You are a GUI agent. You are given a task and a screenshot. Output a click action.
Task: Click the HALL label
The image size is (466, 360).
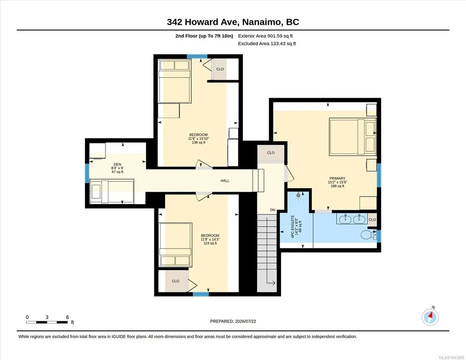[x=225, y=180]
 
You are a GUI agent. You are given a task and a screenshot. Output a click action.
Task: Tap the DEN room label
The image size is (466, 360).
[x=117, y=165]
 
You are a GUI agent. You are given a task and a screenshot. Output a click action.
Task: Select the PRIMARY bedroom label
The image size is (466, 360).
[x=337, y=179]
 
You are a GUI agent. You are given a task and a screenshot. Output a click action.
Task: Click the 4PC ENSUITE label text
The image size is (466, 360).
[x=292, y=226]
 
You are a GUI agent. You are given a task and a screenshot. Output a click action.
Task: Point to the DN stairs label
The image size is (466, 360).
[x=272, y=210]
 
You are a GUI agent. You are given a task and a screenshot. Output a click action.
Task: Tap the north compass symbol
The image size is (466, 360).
[x=430, y=317]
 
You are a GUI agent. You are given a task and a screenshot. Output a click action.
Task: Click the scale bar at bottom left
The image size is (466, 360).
[x=47, y=322]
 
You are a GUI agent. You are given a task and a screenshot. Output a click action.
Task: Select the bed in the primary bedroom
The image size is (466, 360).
[x=353, y=137]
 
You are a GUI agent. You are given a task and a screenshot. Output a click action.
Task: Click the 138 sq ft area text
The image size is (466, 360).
[x=199, y=143]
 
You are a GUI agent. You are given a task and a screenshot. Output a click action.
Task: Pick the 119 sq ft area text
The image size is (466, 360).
[x=210, y=243]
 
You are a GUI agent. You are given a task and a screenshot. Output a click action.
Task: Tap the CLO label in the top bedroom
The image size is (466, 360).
[x=220, y=69]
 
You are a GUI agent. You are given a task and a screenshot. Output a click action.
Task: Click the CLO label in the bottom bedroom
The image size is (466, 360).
[x=175, y=281]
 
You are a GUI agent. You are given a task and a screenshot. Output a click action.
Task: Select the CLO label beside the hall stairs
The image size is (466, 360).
[x=271, y=153]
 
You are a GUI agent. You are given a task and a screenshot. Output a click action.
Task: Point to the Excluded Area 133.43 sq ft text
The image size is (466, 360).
[x=267, y=44]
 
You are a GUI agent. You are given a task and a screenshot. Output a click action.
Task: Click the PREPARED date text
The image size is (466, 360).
[x=233, y=321]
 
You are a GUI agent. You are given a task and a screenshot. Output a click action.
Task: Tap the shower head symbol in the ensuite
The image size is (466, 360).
[x=298, y=195]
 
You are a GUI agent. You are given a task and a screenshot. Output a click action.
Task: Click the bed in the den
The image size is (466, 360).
[x=112, y=191]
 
